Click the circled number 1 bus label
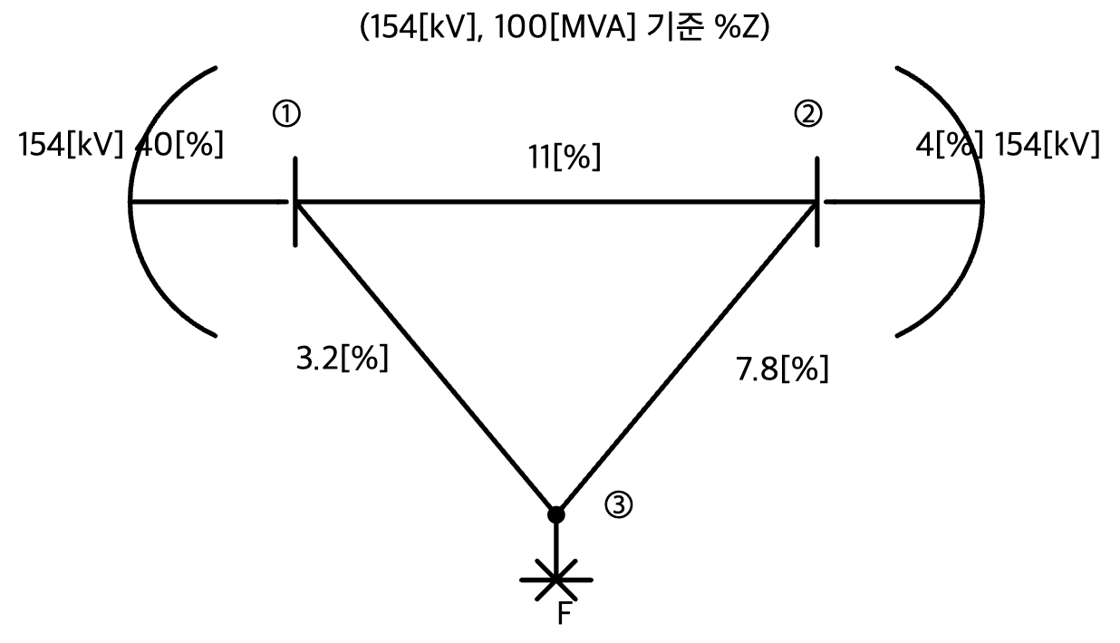(x=286, y=113)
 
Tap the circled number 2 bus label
(x=808, y=113)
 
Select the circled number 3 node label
(x=619, y=505)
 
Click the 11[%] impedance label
(x=565, y=158)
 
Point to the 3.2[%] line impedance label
(x=342, y=358)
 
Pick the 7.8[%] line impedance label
(x=782, y=369)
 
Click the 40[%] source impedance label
(x=179, y=145)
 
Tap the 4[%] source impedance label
(x=949, y=146)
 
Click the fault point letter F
(x=564, y=613)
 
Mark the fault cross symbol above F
(x=556, y=580)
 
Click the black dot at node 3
(x=556, y=514)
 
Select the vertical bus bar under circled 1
(x=295, y=202)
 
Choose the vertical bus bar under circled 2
(x=817, y=202)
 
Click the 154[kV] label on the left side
(x=71, y=145)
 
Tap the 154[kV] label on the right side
(x=1047, y=146)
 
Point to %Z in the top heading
(x=738, y=27)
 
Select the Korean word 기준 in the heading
(x=675, y=27)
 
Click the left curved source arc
(x=130, y=202)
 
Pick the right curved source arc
(x=982, y=202)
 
